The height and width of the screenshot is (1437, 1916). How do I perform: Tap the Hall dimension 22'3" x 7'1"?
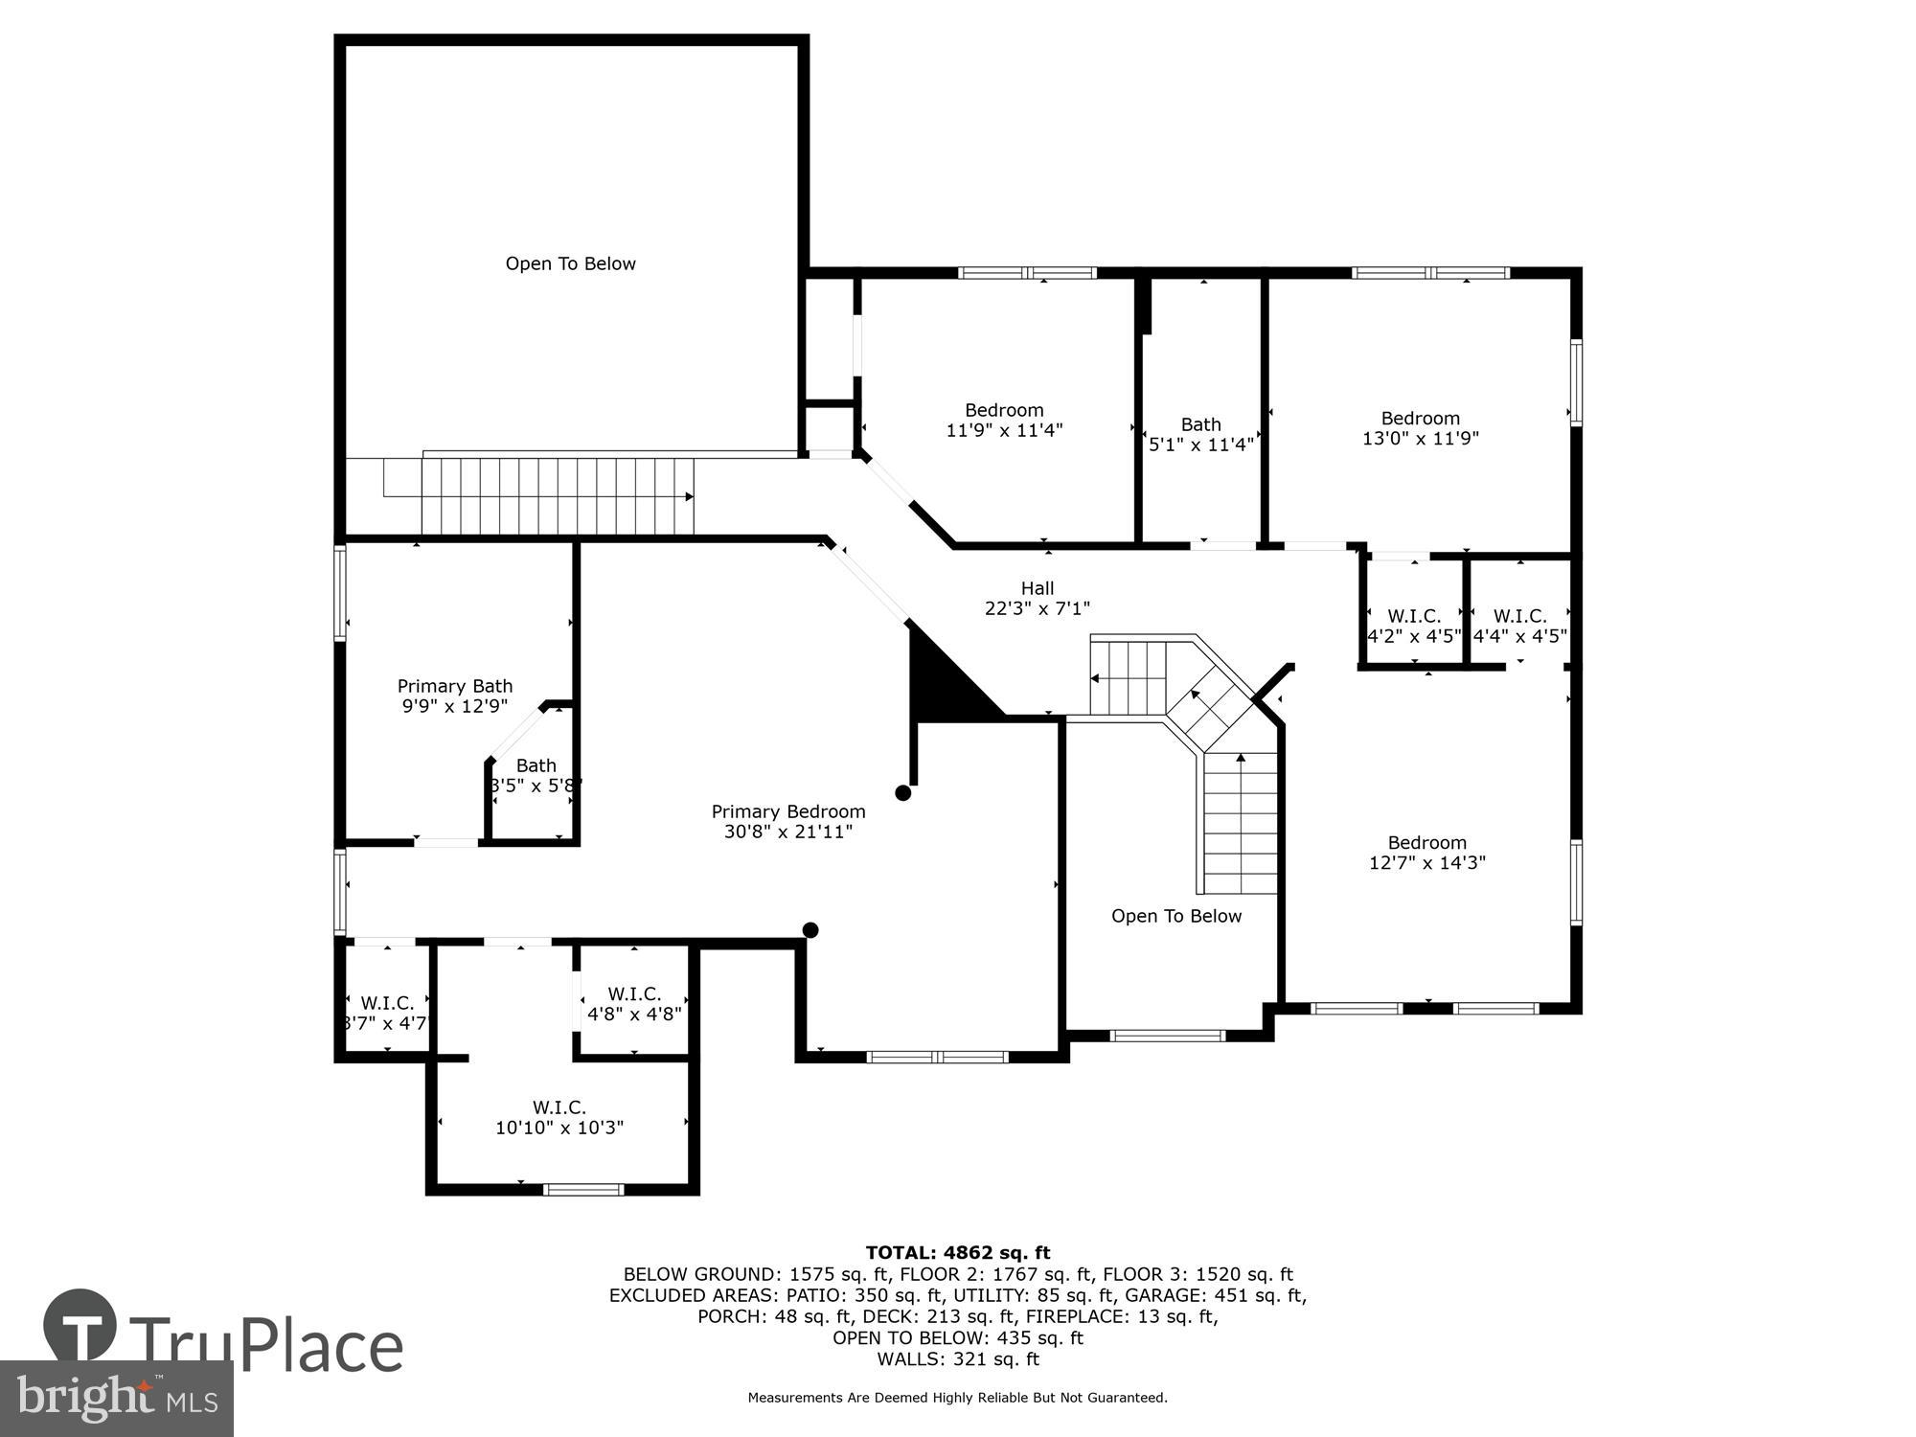(x=1037, y=608)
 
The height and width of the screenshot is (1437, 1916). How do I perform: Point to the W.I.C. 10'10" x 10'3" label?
(x=559, y=1118)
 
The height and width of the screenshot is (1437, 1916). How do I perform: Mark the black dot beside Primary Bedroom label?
(x=902, y=793)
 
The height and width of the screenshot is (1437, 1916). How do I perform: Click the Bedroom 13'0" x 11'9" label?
(x=1420, y=428)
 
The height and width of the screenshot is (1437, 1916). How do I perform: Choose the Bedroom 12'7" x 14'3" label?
(x=1426, y=852)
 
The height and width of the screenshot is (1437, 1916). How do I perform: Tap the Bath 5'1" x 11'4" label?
(x=1200, y=434)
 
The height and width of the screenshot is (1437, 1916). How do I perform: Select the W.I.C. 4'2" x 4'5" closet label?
(x=1413, y=627)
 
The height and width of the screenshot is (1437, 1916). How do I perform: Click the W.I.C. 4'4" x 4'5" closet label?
(x=1519, y=627)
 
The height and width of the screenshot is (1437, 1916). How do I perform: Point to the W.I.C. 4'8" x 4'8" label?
(x=634, y=1003)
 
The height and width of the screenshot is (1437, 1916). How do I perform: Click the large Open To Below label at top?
(x=570, y=263)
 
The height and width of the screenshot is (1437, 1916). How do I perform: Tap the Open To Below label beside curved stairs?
(x=1175, y=916)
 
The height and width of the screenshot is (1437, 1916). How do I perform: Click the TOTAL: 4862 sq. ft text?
(x=957, y=1252)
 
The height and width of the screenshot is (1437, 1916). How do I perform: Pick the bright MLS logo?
(x=115, y=1399)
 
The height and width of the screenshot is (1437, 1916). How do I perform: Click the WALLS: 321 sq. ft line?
(x=957, y=1358)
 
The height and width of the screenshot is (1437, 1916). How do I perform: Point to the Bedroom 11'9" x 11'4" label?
(x=1004, y=420)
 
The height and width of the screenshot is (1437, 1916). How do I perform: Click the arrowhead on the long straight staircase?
(x=689, y=496)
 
